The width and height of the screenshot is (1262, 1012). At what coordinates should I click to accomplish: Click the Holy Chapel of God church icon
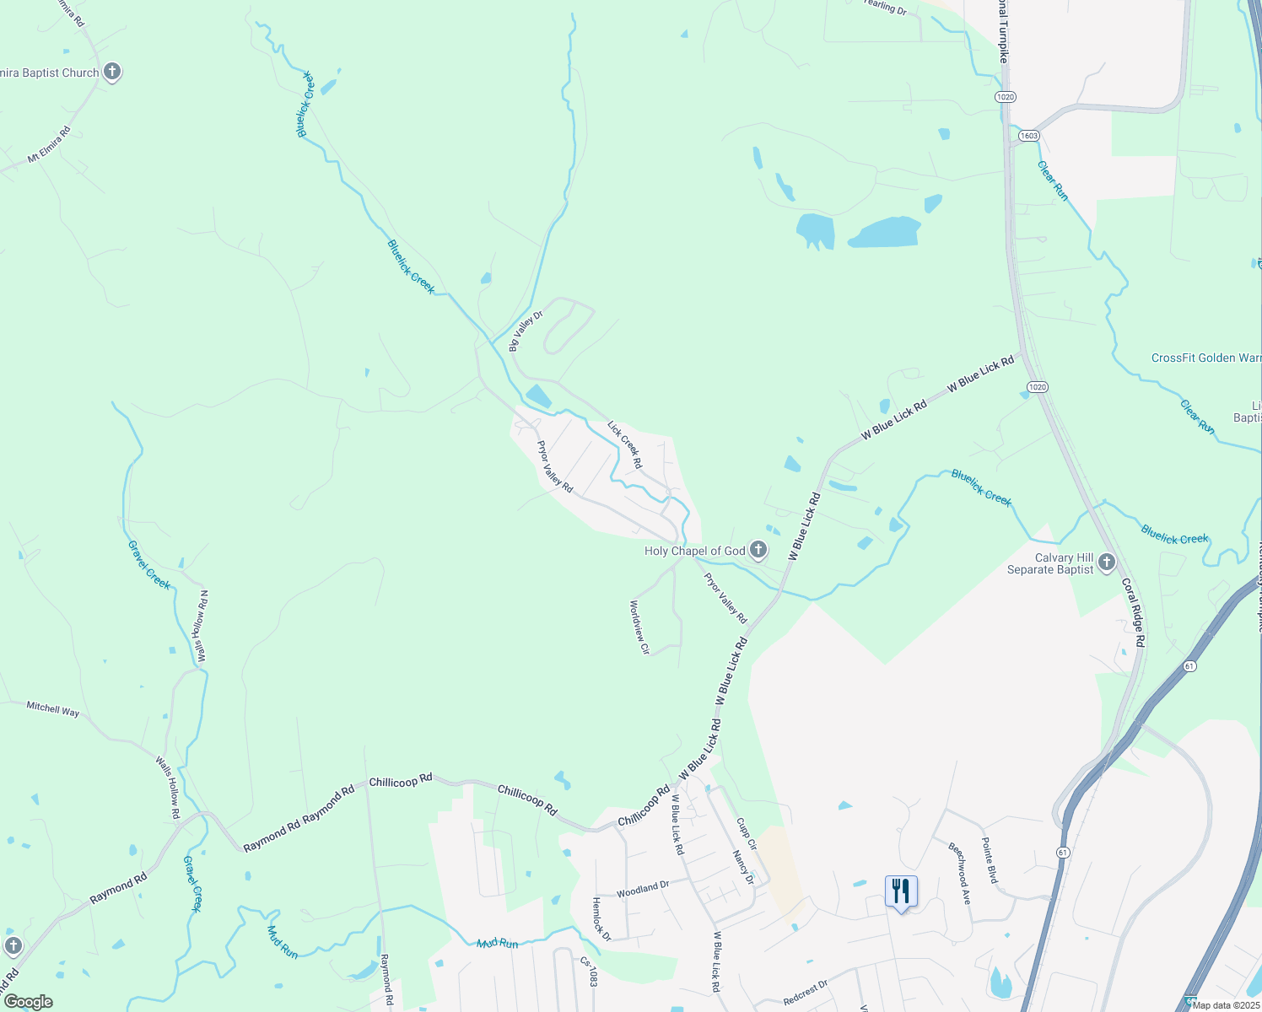[x=758, y=552]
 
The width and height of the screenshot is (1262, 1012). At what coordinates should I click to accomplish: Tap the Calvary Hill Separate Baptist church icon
[x=1107, y=563]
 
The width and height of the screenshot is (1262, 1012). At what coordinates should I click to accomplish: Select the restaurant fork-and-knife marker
[x=901, y=891]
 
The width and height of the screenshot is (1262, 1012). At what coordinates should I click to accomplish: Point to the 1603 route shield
[x=1028, y=136]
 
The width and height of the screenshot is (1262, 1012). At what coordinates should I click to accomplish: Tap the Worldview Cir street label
[x=639, y=627]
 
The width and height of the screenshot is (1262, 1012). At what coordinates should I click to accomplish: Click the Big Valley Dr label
[x=526, y=331]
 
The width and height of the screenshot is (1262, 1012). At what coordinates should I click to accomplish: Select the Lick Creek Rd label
[x=625, y=446]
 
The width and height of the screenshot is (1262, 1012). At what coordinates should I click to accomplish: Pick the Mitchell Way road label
[x=52, y=709]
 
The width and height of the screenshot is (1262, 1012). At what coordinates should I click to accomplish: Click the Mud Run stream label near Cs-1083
[x=497, y=944]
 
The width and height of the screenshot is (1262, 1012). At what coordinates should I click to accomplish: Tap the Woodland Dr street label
[x=642, y=888]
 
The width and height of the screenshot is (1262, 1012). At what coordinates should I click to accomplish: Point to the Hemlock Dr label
[x=601, y=919]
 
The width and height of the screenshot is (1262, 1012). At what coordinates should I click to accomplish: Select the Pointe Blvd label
[x=990, y=860]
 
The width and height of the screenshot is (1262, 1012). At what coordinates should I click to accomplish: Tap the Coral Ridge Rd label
[x=1134, y=612]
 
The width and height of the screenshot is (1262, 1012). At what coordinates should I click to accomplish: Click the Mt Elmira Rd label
[x=50, y=145]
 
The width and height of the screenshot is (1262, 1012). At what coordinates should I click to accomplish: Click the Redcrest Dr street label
[x=805, y=993]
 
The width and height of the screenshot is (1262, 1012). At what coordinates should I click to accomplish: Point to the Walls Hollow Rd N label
[x=202, y=627]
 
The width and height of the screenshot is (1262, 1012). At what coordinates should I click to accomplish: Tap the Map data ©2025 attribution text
[x=1226, y=1004]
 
